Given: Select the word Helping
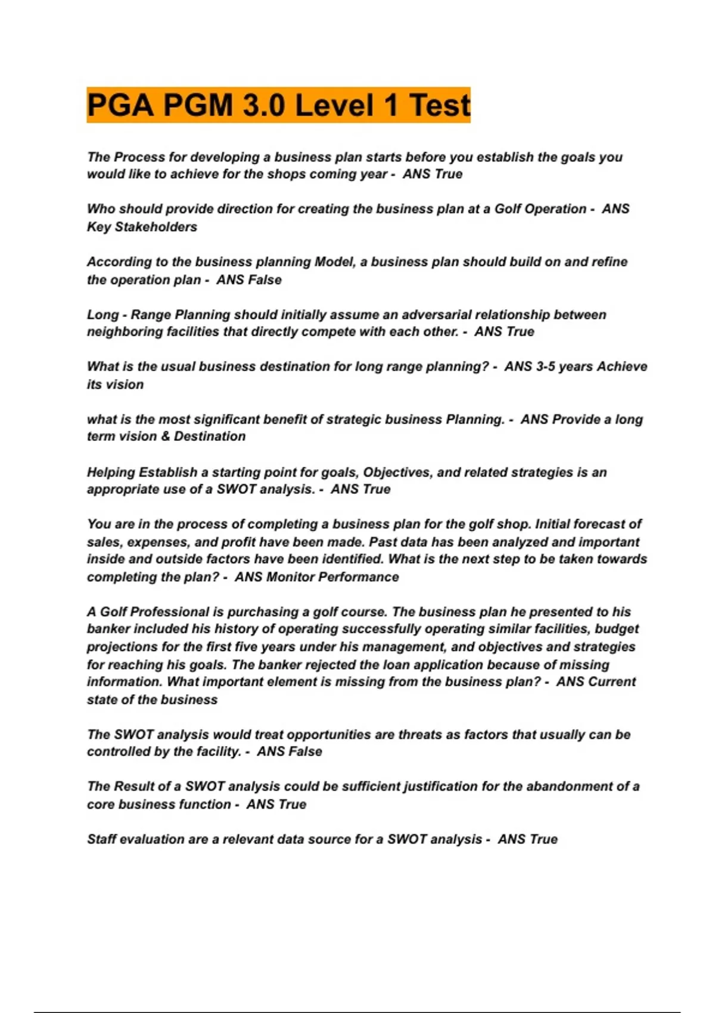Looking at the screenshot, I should click(x=111, y=473).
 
